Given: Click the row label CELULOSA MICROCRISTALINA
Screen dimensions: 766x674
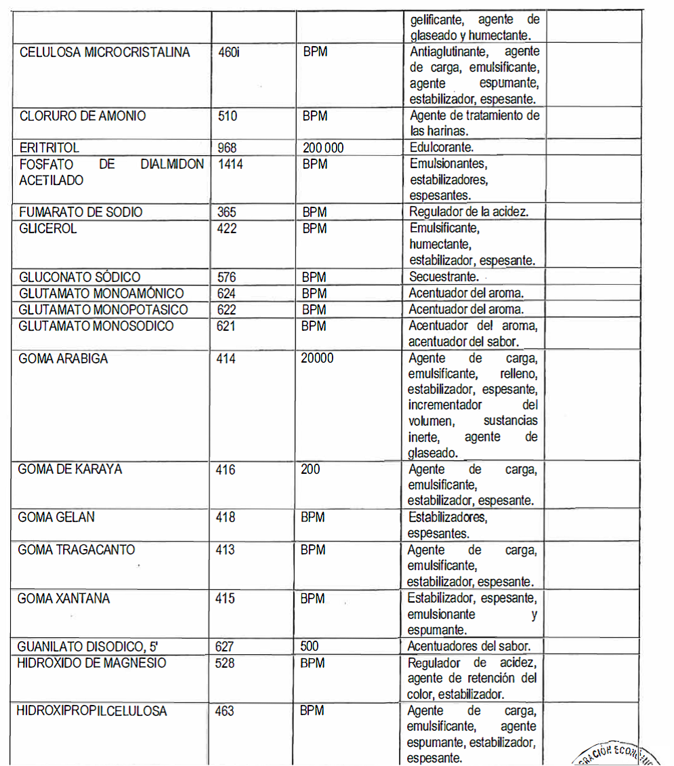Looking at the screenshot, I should pyautogui.click(x=105, y=52).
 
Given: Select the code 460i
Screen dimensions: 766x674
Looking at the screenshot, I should pyautogui.click(x=229, y=52).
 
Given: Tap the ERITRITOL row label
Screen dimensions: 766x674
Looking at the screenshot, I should pyautogui.click(x=49, y=148).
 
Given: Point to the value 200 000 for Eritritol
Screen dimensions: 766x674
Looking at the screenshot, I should pyautogui.click(x=323, y=148).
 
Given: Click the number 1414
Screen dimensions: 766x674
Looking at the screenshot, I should pyautogui.click(x=230, y=164).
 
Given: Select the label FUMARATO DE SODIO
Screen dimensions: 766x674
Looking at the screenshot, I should pyautogui.click(x=81, y=212).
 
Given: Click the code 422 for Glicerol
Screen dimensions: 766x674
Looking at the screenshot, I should pyautogui.click(x=227, y=228).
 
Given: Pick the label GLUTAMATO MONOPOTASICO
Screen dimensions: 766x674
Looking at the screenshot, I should pyautogui.click(x=103, y=310).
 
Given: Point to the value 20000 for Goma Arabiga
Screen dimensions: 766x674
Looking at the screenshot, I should pyautogui.click(x=317, y=358).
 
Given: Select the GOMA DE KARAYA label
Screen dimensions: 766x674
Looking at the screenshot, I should pyautogui.click(x=70, y=469).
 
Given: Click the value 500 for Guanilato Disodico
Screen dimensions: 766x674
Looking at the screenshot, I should pyautogui.click(x=310, y=646).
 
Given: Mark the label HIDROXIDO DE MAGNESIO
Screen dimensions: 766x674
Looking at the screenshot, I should pyautogui.click(x=91, y=662).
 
